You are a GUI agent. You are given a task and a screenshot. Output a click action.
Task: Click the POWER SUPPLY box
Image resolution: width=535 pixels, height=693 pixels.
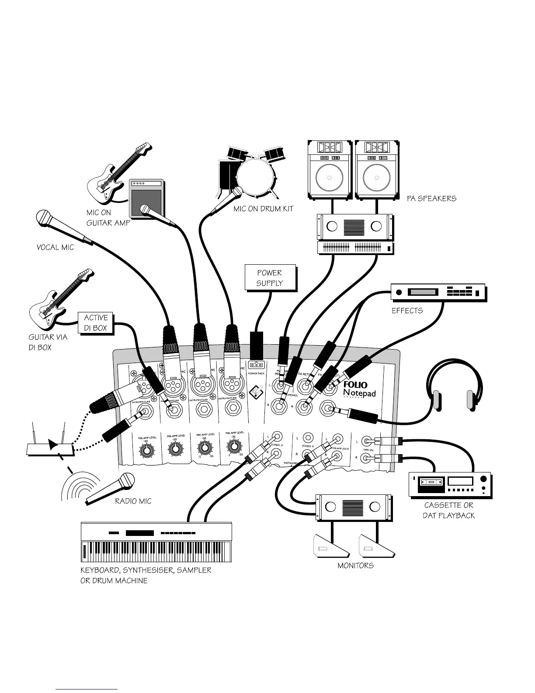coord(270,278)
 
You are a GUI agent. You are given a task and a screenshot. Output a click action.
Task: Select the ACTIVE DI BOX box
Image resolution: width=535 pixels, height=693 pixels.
coord(95,323)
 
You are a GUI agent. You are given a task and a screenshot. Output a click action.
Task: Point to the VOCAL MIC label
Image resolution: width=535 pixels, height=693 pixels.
coord(55,248)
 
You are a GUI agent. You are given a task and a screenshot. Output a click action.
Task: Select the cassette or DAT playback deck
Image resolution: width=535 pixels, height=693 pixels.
coord(449,484)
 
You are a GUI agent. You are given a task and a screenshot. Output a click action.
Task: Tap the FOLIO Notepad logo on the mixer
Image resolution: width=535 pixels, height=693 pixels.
coord(359,388)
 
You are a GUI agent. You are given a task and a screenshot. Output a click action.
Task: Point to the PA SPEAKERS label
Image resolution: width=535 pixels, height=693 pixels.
coord(431,199)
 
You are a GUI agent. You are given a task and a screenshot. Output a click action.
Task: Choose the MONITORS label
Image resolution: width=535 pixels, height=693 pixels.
coord(355,566)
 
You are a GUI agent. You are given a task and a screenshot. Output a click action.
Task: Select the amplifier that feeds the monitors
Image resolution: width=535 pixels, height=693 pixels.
coord(354,507)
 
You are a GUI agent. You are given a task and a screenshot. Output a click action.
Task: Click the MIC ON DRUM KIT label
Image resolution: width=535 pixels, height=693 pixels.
coord(263,209)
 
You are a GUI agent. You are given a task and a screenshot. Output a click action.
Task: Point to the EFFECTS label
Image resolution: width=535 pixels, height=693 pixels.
coord(407,311)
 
